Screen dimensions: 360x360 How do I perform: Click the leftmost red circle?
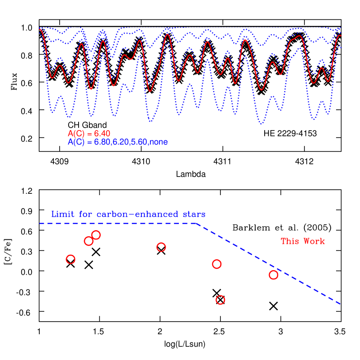70,259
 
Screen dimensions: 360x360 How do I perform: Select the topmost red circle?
96,235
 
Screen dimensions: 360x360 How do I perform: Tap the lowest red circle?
220,300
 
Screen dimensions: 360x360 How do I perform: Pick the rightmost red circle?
273,275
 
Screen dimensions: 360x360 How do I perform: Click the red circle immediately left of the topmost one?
89,241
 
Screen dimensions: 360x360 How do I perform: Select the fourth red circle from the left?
161,247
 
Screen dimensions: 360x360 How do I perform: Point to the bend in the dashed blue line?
196,223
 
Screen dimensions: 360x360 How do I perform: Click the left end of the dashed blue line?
40,223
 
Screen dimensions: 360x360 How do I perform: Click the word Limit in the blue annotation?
61,214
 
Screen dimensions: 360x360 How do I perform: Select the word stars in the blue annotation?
194,214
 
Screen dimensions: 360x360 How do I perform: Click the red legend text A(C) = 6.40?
89,134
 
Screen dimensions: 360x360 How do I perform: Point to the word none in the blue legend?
159,142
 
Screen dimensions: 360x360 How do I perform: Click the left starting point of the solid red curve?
40,30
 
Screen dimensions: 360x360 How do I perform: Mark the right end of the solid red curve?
341,36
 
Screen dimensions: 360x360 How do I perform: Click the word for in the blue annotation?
85,214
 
